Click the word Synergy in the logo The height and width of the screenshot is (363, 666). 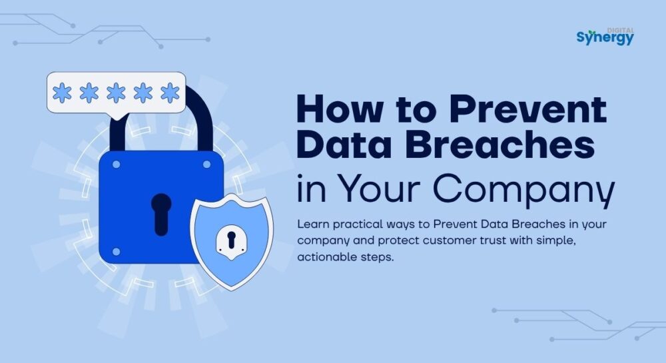605,38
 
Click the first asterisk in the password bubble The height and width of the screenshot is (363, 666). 62,93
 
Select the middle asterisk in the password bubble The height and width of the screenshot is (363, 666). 116,93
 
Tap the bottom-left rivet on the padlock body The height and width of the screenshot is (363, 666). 116,251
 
